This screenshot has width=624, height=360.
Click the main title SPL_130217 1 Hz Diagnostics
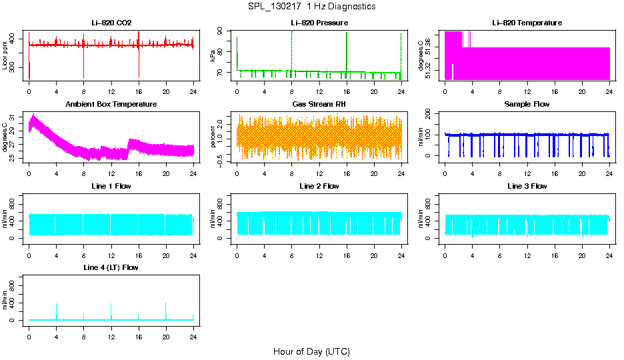pos(311,6)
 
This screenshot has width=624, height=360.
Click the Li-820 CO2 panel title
pos(111,23)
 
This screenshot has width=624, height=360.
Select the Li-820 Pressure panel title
pos(319,23)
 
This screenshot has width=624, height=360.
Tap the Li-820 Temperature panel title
pos(527,23)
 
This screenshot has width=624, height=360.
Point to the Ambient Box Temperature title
pos(111,104)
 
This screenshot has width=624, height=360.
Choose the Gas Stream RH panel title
pos(319,104)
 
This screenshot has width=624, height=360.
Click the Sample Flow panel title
pos(527,104)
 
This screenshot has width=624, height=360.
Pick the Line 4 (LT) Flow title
pos(111,267)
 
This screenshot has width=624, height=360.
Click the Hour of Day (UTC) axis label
pos(311,351)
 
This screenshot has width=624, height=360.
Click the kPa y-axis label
pos(213,56)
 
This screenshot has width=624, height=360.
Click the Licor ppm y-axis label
pos(5,56)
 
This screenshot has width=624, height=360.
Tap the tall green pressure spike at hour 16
pos(347,47)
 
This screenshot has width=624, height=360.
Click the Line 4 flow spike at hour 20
pos(166,310)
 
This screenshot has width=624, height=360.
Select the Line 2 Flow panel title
pos(319,186)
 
